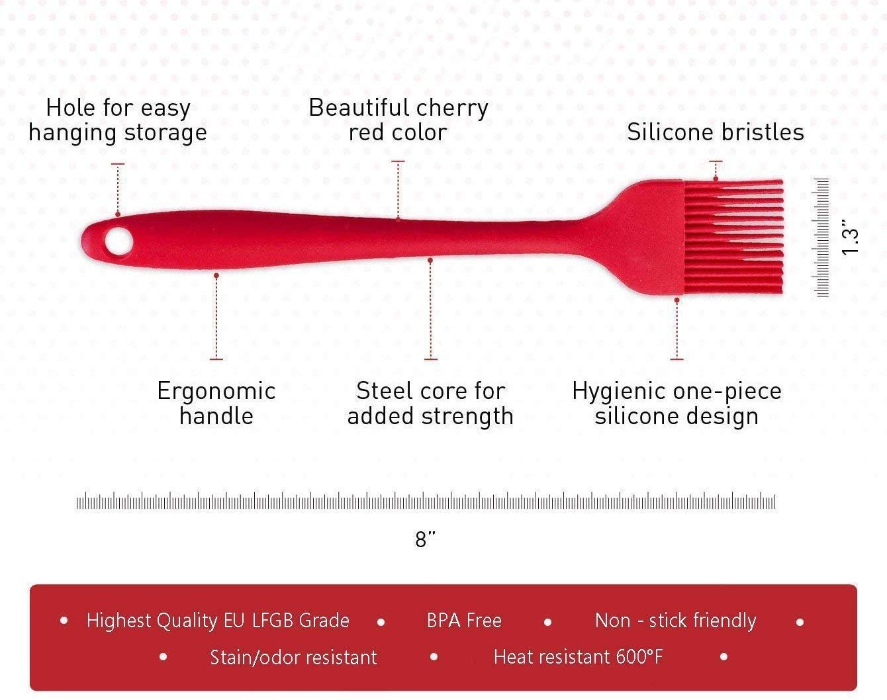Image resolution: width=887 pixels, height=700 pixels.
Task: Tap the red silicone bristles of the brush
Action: pyautogui.click(x=733, y=237)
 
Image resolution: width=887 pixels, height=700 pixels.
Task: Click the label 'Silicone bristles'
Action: pyautogui.click(x=716, y=132)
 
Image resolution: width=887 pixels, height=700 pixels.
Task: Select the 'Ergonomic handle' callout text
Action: pyautogui.click(x=216, y=403)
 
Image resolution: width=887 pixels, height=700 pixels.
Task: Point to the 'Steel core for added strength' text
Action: pyautogui.click(x=430, y=403)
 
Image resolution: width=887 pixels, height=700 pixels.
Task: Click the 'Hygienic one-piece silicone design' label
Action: pyautogui.click(x=677, y=403)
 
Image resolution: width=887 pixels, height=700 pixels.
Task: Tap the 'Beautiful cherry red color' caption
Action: pyautogui.click(x=398, y=120)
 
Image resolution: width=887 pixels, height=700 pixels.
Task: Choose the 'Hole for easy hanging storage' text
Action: pyautogui.click(x=118, y=120)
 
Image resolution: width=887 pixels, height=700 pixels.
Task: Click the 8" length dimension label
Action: pyautogui.click(x=426, y=539)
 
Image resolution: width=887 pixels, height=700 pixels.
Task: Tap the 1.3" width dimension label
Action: pyautogui.click(x=850, y=238)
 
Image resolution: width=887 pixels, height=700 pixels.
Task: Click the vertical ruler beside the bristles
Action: pyautogui.click(x=821, y=238)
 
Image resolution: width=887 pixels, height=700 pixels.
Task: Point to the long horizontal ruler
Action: pyautogui.click(x=426, y=501)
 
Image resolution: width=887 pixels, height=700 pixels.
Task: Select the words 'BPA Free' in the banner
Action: pyautogui.click(x=464, y=621)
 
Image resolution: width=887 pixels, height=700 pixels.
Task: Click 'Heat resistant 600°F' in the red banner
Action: pyautogui.click(x=578, y=657)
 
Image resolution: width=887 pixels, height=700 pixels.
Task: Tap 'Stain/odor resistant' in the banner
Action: pyautogui.click(x=293, y=657)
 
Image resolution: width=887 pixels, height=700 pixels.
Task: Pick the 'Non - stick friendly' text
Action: pyautogui.click(x=676, y=621)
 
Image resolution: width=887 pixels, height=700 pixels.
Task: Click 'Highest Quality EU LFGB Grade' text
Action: pyautogui.click(x=218, y=621)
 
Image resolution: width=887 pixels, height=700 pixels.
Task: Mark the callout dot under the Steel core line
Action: pyautogui.click(x=430, y=261)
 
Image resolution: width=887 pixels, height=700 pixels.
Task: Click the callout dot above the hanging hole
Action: pyautogui.click(x=118, y=214)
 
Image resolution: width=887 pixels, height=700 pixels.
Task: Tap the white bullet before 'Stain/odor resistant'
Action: pyautogui.click(x=163, y=657)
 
